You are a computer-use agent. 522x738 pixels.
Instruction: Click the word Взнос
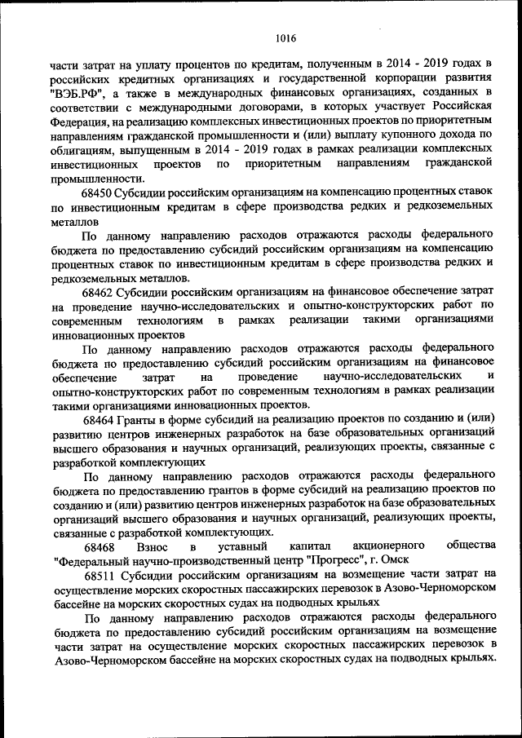154,545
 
